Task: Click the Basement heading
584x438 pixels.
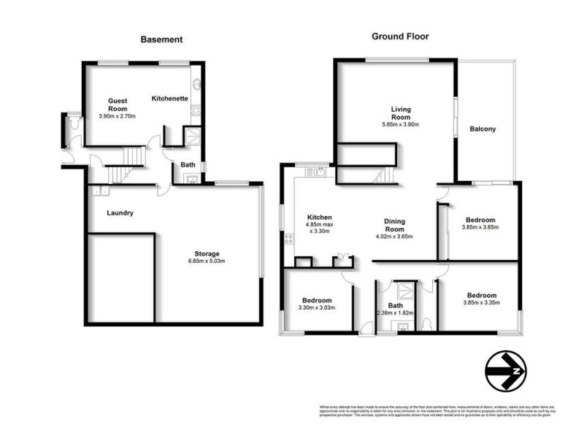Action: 161,39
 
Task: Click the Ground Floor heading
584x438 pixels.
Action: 400,36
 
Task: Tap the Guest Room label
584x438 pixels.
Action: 118,104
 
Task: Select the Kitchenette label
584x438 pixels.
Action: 170,98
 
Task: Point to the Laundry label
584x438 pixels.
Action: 119,213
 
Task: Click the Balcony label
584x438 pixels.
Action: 483,129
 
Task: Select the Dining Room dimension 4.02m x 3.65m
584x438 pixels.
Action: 394,236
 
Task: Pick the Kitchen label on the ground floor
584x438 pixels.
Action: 320,218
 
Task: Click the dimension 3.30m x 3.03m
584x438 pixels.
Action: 317,308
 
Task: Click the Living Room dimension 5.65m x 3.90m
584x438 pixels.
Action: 401,124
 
